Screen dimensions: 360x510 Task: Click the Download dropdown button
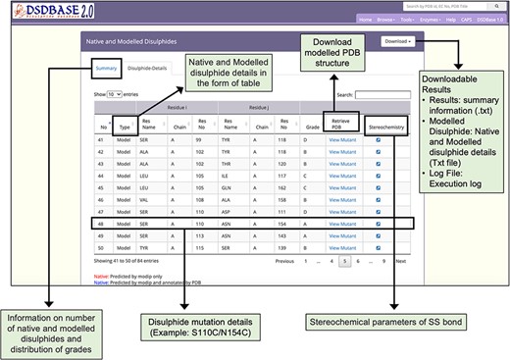click(396, 42)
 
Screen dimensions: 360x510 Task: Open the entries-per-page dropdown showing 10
click(115, 95)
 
